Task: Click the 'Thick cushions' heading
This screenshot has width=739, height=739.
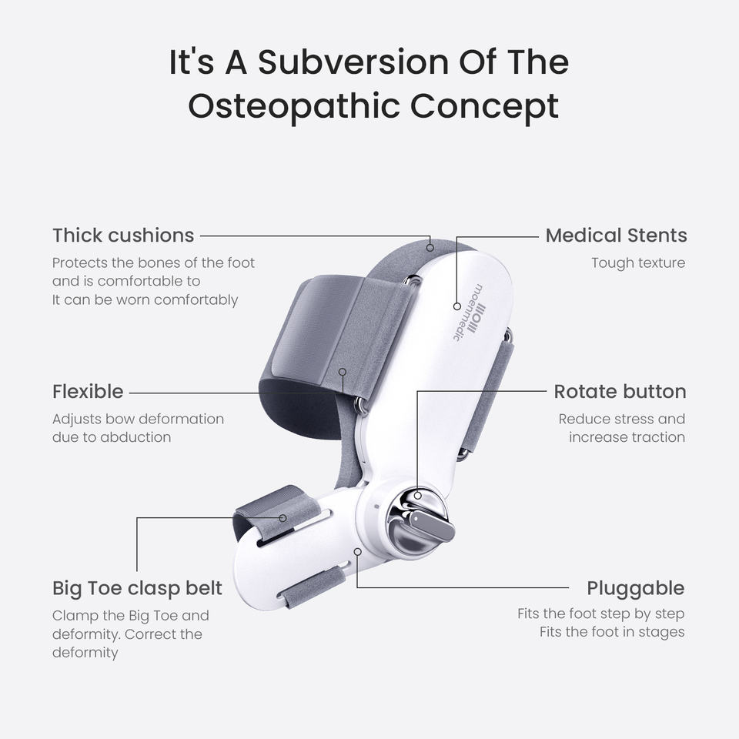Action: tap(123, 235)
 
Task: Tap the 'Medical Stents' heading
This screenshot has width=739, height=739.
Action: tap(616, 235)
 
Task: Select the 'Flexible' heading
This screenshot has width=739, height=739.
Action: tap(88, 391)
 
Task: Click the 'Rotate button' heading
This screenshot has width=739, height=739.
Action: tap(620, 391)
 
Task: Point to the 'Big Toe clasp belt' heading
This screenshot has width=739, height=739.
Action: tap(137, 588)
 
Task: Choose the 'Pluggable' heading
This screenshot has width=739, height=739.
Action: tap(635, 588)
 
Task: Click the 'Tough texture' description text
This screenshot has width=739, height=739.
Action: tap(637, 263)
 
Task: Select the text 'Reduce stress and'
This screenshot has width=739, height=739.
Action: tap(621, 420)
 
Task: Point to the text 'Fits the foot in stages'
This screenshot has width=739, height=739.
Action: tap(612, 632)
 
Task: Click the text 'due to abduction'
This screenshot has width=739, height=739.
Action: tap(112, 437)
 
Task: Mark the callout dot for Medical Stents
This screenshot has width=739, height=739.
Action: tap(456, 306)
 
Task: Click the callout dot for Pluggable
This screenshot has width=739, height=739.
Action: tap(358, 551)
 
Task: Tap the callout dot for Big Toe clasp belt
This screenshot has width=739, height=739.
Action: tap(283, 518)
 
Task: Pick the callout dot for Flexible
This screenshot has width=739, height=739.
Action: tap(343, 371)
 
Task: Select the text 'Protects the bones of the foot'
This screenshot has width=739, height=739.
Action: tap(153, 263)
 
